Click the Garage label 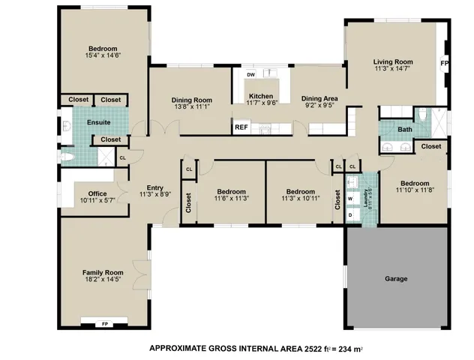(x=396, y=278)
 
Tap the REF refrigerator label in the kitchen (x=241, y=127)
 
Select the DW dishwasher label (x=252, y=75)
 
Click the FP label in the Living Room (x=445, y=64)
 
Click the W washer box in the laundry (x=350, y=199)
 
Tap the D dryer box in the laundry (x=350, y=215)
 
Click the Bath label (x=405, y=130)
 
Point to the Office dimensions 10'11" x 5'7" (x=97, y=201)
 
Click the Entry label (x=155, y=187)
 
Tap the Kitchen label (x=261, y=96)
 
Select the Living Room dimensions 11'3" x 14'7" (x=394, y=69)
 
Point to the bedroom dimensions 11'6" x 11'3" (x=231, y=198)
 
